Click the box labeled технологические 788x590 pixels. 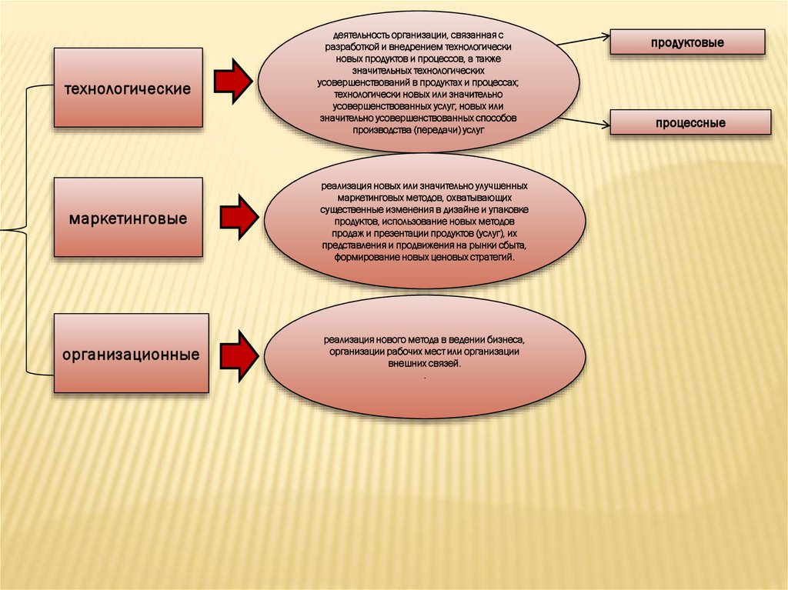[x=128, y=88]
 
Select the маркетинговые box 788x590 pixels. [x=128, y=218]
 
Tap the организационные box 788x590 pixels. [x=132, y=354]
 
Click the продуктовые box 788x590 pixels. [x=689, y=42]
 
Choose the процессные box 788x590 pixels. [x=690, y=123]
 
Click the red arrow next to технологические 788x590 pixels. [x=233, y=79]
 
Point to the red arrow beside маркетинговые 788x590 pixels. [x=239, y=217]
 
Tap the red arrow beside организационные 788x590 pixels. [x=239, y=355]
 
